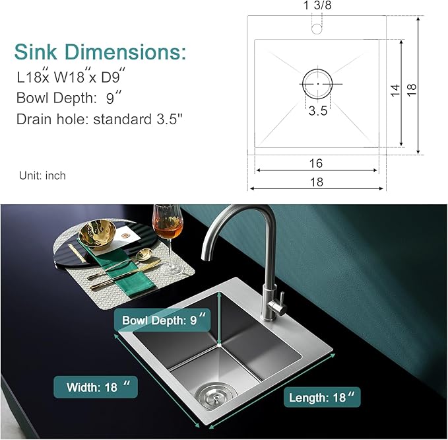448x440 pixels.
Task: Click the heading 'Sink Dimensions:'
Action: click(x=100, y=52)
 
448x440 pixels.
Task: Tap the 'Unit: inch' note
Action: click(x=42, y=175)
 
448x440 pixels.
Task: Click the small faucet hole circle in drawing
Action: click(x=317, y=28)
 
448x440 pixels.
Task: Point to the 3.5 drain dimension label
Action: click(x=318, y=111)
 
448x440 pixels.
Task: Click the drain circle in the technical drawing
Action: click(x=318, y=84)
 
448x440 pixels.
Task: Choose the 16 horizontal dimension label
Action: click(x=317, y=163)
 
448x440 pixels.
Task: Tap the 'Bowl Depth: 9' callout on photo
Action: click(x=161, y=321)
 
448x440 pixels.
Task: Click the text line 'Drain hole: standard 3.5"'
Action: click(x=99, y=120)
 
